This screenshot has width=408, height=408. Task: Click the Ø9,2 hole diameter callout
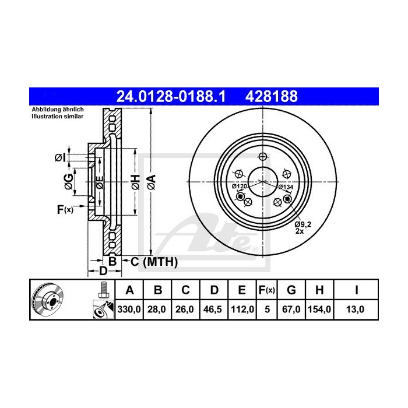tap(304, 223)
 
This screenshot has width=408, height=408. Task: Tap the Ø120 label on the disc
tap(240, 187)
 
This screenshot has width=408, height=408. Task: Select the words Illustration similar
tap(57, 117)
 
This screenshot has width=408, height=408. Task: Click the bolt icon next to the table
tap(103, 289)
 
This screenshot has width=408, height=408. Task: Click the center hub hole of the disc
tap(265, 182)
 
